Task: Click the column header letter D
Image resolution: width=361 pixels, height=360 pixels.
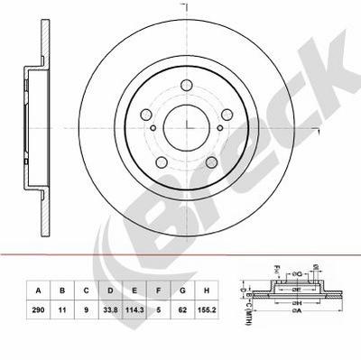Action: point(109,291)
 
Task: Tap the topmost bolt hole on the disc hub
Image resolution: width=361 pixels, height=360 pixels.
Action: point(187,87)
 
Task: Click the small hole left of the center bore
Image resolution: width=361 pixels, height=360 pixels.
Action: point(153,125)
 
